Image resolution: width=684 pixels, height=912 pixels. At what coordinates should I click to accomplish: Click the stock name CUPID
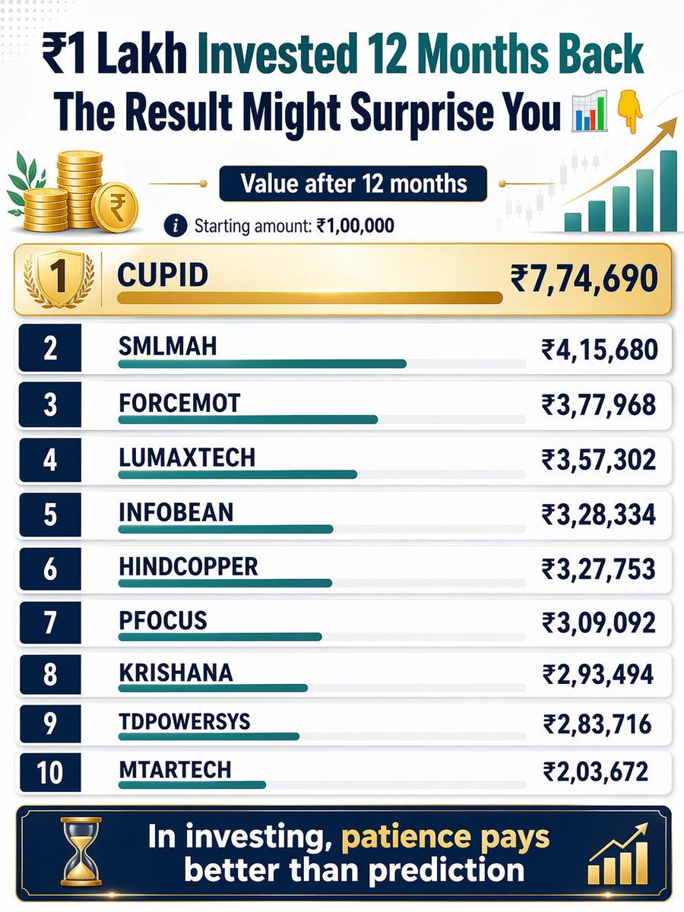pyautogui.click(x=163, y=274)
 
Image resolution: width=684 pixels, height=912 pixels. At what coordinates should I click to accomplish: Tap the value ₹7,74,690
pyautogui.click(x=584, y=279)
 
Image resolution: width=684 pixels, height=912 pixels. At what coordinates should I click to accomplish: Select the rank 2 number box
pyautogui.click(x=49, y=348)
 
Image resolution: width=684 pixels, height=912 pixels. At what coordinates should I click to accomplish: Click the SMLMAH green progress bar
pyautogui.click(x=262, y=364)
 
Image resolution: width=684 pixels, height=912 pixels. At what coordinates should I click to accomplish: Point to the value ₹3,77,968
pyautogui.click(x=598, y=404)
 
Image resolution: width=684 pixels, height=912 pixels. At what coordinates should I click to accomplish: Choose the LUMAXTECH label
pyautogui.click(x=187, y=458)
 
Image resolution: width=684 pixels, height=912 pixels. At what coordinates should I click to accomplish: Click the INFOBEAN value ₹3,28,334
pyautogui.click(x=598, y=515)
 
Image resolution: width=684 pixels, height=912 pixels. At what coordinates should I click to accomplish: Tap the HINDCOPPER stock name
pyautogui.click(x=188, y=566)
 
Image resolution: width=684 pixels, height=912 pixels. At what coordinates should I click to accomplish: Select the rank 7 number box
pyautogui.click(x=49, y=622)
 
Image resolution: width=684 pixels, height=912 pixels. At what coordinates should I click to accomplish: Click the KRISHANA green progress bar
pyautogui.click(x=213, y=688)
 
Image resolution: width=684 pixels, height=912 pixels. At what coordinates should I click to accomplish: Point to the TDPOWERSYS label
pyautogui.click(x=185, y=720)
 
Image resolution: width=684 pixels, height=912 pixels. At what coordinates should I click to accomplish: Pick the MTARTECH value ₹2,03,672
pyautogui.click(x=596, y=772)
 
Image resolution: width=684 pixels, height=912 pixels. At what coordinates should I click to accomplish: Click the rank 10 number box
pyautogui.click(x=49, y=773)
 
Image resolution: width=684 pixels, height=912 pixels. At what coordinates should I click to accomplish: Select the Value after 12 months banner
pyautogui.click(x=353, y=185)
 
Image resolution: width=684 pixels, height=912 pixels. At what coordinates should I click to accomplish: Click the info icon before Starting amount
pyautogui.click(x=176, y=226)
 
